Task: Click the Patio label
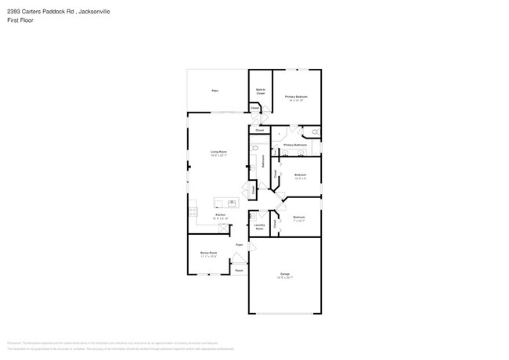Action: click(x=215, y=91)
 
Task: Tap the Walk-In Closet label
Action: click(x=261, y=92)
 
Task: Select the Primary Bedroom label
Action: click(x=296, y=98)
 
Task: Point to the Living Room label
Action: click(x=218, y=153)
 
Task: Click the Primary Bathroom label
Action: click(x=294, y=146)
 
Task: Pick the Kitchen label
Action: click(x=221, y=215)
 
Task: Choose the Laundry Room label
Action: click(x=259, y=227)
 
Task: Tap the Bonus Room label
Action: click(x=208, y=254)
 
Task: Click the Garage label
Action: click(x=285, y=275)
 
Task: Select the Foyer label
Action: click(x=239, y=245)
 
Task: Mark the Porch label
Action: click(x=239, y=270)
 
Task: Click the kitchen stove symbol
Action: click(x=191, y=210)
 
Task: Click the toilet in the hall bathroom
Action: click(x=255, y=147)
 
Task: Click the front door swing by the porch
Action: click(x=239, y=258)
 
